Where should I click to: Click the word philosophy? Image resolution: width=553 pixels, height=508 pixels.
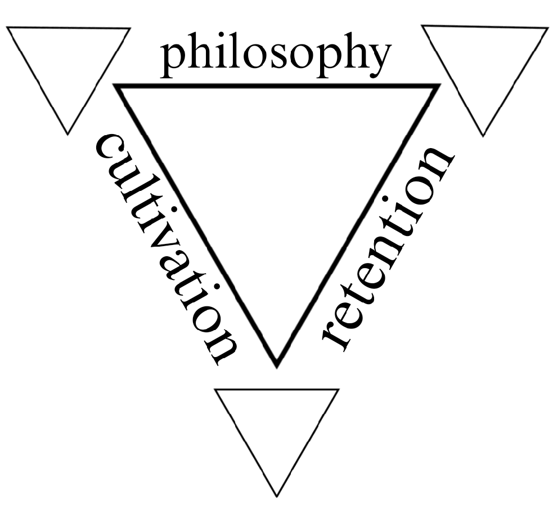point(275,56)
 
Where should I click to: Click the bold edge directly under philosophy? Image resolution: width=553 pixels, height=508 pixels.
point(276,86)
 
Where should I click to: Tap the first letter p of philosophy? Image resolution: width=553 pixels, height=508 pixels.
point(174,59)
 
